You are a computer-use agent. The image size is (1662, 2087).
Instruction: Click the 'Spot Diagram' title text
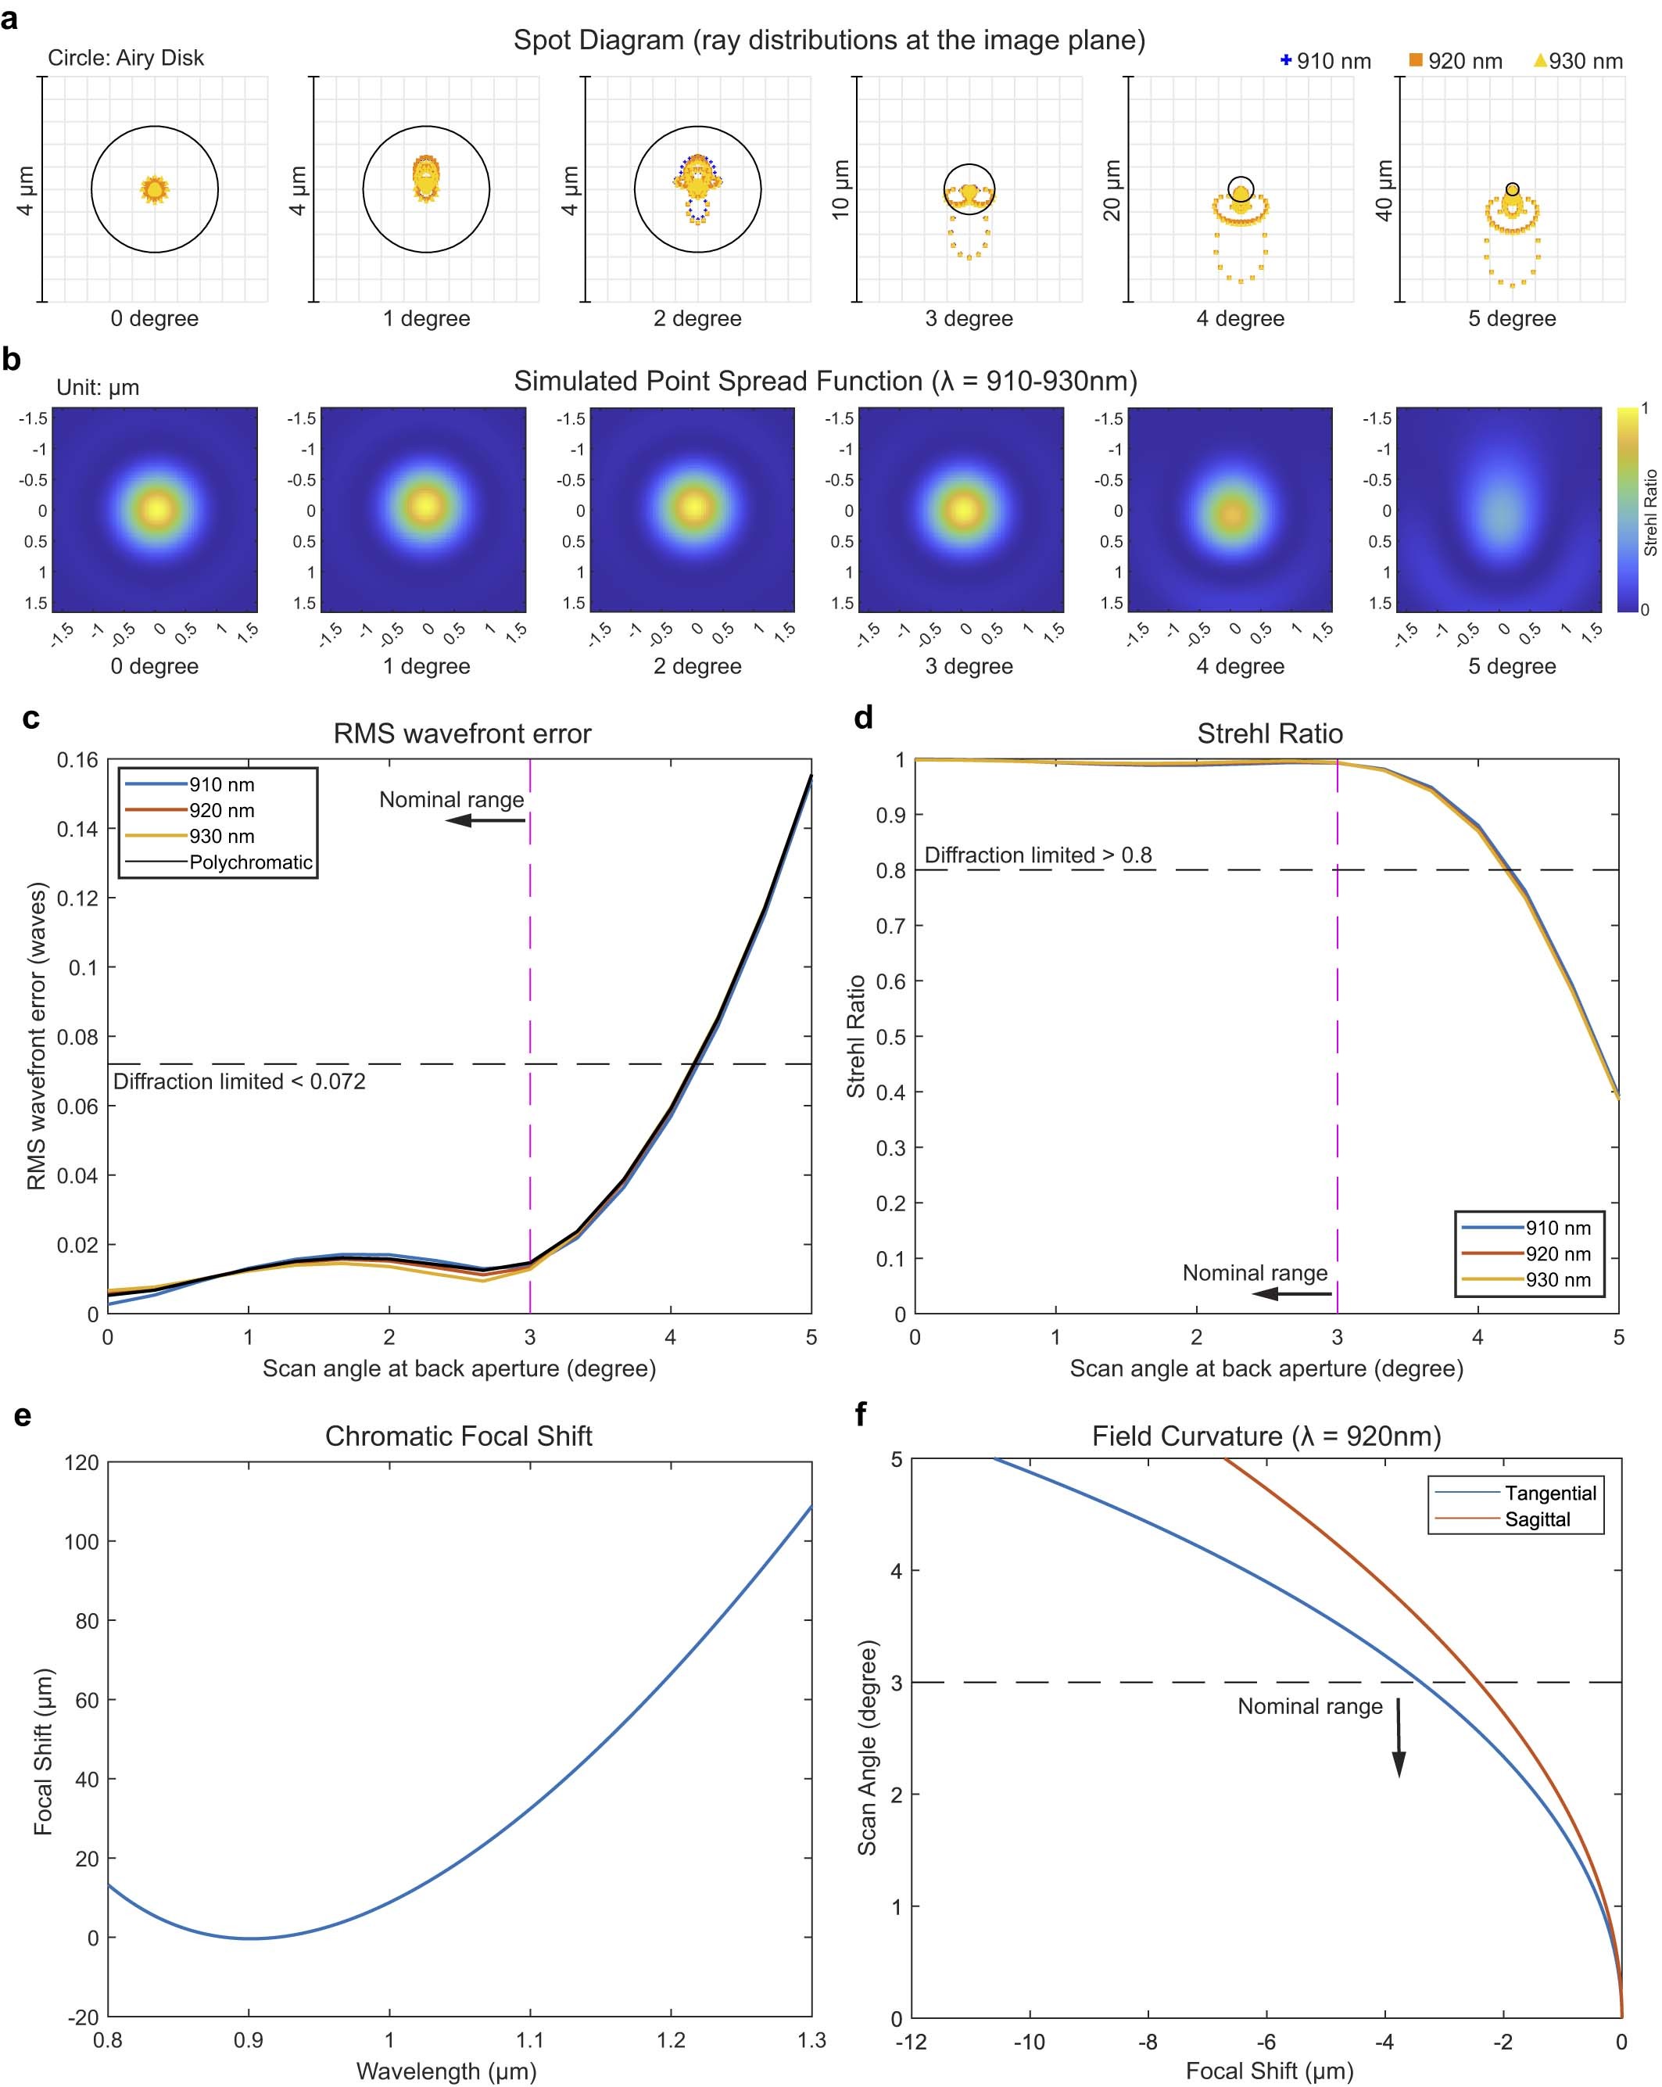pos(829,40)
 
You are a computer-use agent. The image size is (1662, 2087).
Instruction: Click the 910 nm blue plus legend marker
pos(1285,60)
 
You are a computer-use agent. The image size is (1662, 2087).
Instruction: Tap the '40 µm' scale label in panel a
pos(1384,190)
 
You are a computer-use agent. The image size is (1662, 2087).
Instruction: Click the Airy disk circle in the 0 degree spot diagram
pos(92,190)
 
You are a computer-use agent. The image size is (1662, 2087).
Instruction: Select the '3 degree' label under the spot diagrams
pos(968,318)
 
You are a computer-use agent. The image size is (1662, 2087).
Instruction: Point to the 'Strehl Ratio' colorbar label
pos(1650,512)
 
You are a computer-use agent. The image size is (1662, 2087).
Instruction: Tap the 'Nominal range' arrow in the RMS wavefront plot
pos(484,820)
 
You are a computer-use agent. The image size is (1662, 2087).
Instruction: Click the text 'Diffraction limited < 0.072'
pos(239,1081)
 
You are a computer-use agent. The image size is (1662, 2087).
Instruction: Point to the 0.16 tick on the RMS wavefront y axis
pos(77,760)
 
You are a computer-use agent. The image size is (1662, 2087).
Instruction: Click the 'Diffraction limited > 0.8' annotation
pos(1037,855)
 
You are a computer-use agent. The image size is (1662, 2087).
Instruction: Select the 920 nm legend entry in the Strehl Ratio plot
pos(1556,1253)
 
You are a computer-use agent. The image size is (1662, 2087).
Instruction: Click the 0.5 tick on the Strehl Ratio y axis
pos(890,1037)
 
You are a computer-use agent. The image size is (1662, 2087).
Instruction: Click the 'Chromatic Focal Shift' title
pos(458,1436)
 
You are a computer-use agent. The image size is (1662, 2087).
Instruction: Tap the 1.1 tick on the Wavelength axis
pos(529,2041)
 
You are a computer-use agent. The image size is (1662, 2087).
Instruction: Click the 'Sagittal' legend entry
pos(1536,1519)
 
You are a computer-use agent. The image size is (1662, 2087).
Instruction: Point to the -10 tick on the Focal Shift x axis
pos(1028,2042)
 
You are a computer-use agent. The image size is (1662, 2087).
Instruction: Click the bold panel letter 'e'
pos(22,1416)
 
